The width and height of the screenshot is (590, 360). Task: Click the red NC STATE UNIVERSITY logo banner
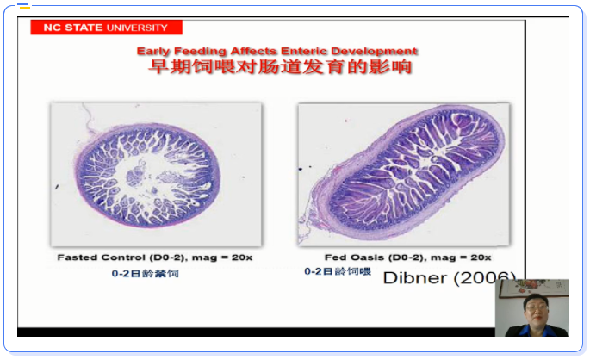107,28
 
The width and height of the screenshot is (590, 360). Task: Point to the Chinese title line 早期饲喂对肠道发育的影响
280,67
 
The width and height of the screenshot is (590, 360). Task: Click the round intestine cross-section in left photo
148,175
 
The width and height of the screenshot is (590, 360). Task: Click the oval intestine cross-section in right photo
408,172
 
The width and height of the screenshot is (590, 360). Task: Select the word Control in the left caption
123,258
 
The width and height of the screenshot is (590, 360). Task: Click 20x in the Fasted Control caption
242,258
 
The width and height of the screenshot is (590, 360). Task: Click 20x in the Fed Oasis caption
481,258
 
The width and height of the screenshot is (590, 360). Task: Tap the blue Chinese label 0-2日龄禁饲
146,274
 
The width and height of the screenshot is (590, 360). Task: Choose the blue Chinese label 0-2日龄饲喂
338,271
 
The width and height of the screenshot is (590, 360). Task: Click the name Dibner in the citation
415,278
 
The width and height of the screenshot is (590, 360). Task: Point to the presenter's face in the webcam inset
536,308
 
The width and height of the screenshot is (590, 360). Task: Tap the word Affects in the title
253,51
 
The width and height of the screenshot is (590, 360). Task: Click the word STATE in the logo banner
84,28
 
